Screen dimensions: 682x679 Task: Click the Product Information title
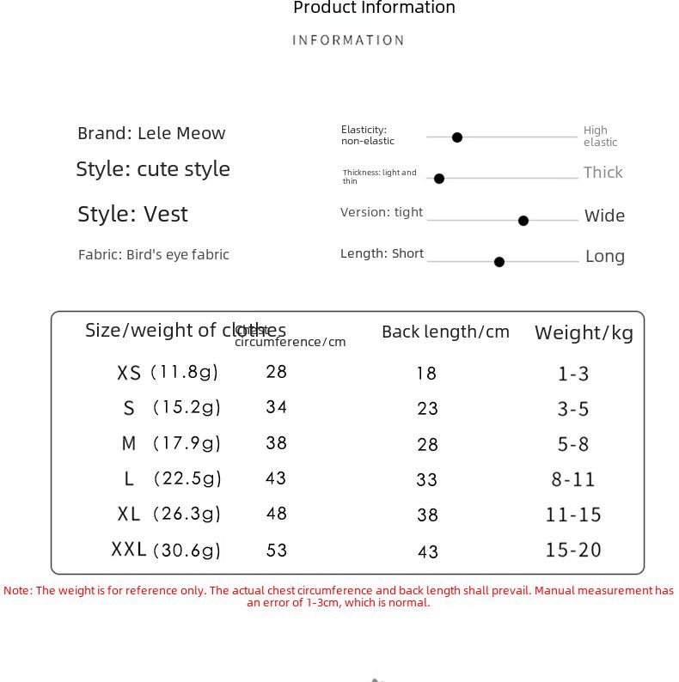pos(374,9)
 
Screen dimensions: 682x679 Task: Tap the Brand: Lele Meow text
pos(151,133)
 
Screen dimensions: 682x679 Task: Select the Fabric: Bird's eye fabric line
pos(153,254)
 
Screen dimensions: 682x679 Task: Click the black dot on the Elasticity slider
pos(457,137)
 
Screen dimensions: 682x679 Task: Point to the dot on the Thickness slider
pos(439,179)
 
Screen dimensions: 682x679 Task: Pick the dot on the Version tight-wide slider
pos(523,221)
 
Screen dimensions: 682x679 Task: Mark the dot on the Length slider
pos(499,262)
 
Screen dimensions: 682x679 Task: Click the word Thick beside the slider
pos(603,172)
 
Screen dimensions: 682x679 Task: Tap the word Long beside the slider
pos(605,256)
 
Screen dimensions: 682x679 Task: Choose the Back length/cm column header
pos(445,332)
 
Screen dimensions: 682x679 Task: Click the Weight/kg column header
pos(584,332)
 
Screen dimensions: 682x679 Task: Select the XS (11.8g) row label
pos(168,373)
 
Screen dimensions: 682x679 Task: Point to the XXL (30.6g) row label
pos(166,550)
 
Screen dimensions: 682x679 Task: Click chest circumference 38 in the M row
pos(276,442)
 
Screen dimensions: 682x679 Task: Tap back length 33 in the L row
pos(427,480)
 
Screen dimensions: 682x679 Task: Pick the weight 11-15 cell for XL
pos(573,515)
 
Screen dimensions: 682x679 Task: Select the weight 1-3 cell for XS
pos(573,374)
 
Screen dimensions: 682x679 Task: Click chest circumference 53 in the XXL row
pos(276,550)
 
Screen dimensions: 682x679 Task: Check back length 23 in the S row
pos(427,409)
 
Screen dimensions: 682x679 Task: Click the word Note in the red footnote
pos(17,590)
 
